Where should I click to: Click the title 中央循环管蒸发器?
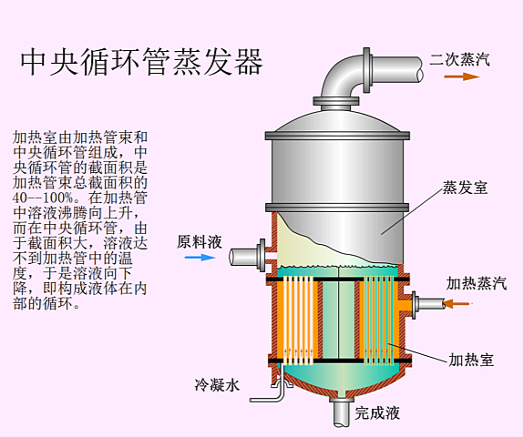click(x=142, y=62)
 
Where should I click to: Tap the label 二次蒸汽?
click(x=459, y=60)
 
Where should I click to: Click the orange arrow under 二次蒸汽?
click(x=461, y=76)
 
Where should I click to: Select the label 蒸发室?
click(x=465, y=188)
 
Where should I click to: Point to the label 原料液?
click(x=200, y=242)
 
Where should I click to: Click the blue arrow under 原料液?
click(x=200, y=257)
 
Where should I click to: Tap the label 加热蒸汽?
click(x=477, y=283)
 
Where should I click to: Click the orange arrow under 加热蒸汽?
click(x=458, y=303)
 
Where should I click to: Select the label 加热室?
click(x=471, y=360)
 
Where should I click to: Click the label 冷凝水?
click(x=217, y=385)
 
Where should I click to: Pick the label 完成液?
click(x=377, y=413)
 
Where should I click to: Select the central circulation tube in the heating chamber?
click(x=338, y=320)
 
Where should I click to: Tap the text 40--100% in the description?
click(x=43, y=198)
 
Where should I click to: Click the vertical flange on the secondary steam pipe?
click(x=366, y=70)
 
